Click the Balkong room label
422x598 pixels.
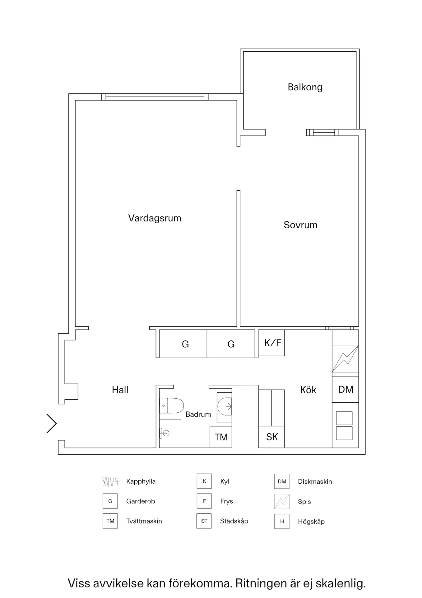(x=305, y=87)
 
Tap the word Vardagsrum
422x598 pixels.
(x=155, y=218)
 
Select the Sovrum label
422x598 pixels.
(x=300, y=225)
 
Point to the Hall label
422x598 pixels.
(x=120, y=390)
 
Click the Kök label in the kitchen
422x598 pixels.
(x=308, y=390)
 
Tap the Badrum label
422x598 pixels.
(x=198, y=414)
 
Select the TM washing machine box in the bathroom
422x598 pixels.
(x=221, y=437)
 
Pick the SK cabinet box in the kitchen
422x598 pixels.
(x=271, y=437)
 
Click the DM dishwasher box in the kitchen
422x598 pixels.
(x=345, y=389)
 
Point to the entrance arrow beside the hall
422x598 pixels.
(x=52, y=423)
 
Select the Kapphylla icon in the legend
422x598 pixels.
(x=110, y=482)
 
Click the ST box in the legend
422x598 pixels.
(x=204, y=521)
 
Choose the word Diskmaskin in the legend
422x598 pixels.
(x=315, y=482)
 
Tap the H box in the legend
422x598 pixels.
(x=282, y=521)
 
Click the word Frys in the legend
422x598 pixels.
(x=226, y=501)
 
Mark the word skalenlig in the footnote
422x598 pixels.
(x=341, y=583)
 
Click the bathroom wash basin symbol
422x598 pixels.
(x=165, y=433)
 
